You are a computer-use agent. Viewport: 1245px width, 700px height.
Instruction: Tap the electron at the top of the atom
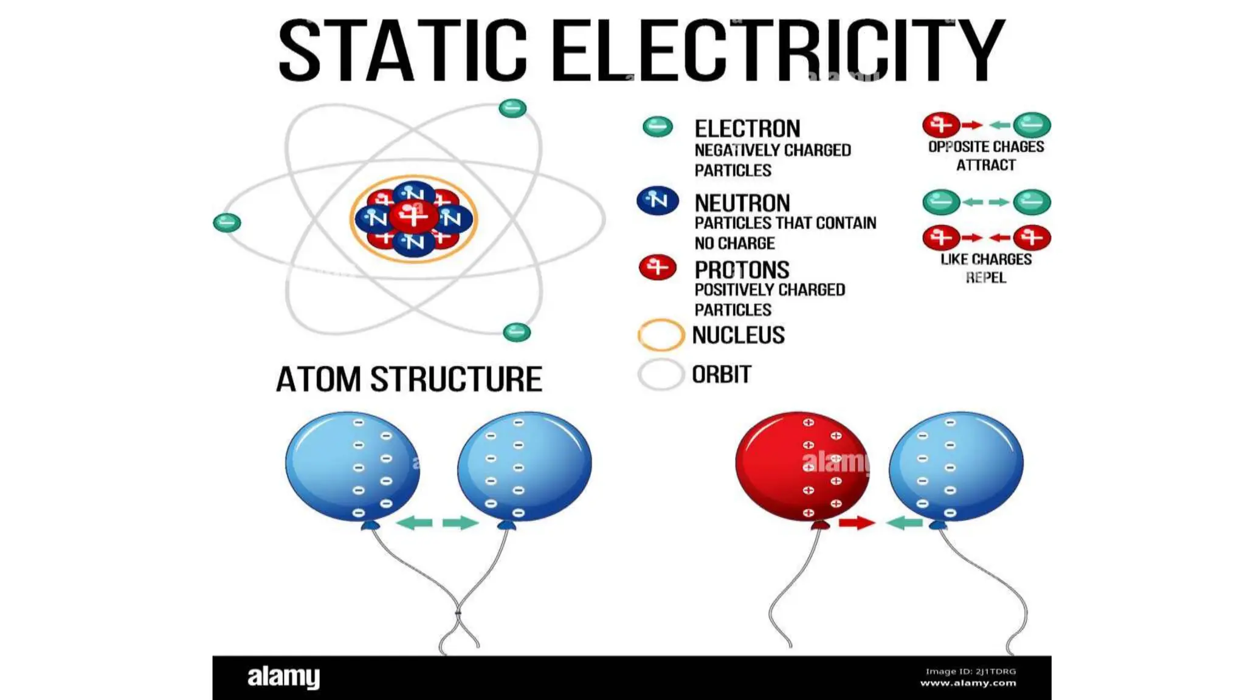point(512,108)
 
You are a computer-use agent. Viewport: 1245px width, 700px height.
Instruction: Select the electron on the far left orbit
point(227,222)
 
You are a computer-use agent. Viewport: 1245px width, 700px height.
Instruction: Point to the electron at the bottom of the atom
point(517,332)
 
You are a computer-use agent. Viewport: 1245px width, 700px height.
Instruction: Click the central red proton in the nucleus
point(414,216)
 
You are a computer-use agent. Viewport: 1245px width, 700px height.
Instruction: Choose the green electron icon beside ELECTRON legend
point(658,126)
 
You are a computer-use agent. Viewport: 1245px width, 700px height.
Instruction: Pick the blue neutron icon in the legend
point(658,201)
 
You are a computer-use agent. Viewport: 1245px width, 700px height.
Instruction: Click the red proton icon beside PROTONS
point(658,267)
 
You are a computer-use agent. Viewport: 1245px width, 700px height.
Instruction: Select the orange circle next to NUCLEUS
point(661,335)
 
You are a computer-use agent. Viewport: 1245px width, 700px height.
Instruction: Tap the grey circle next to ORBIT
point(661,374)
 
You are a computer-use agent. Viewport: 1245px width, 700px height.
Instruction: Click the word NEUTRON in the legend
point(742,203)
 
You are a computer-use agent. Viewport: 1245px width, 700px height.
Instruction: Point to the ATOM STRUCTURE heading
point(409,379)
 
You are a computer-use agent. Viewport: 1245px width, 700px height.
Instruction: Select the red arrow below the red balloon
point(857,523)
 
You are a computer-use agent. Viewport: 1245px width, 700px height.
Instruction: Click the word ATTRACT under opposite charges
point(985,165)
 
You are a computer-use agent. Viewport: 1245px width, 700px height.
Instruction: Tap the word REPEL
point(985,278)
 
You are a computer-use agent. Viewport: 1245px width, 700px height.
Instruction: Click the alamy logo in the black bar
point(283,677)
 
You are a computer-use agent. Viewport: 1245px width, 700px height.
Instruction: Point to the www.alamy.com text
point(968,683)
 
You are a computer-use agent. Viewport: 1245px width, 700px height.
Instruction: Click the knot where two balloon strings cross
point(458,612)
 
